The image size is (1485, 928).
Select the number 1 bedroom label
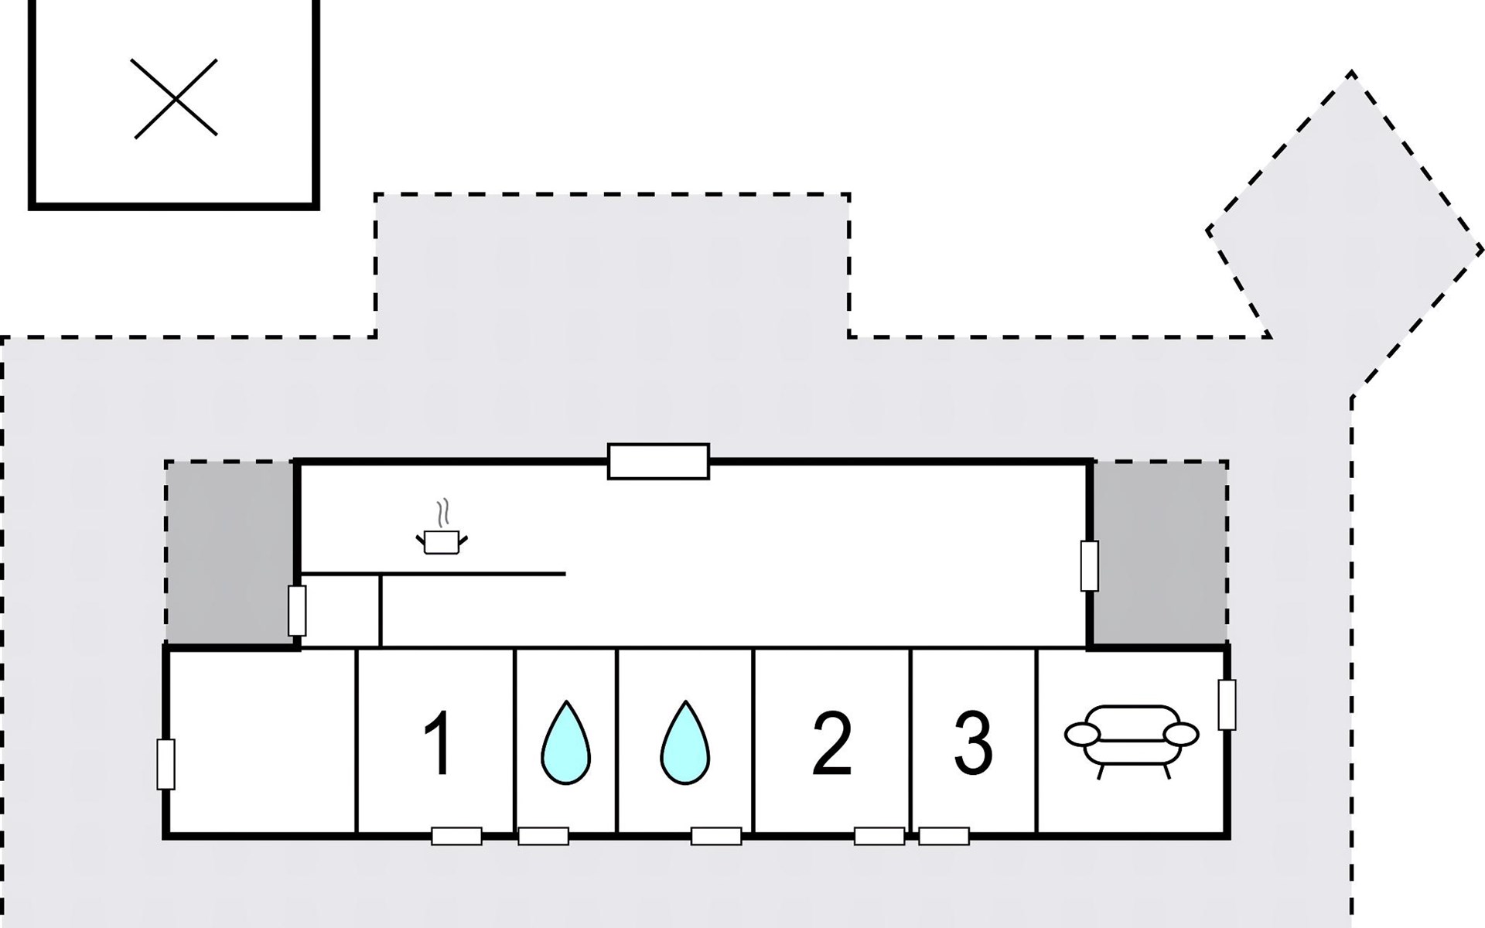coord(439,744)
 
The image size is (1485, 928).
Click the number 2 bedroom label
coord(832,744)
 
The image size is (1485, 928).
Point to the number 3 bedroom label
coord(973,744)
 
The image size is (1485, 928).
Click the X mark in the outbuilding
coord(175,99)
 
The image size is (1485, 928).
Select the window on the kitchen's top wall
coord(658,462)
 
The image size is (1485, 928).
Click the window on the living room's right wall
coord(1227,705)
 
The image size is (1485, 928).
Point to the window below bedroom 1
coord(456,836)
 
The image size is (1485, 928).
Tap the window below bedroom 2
coord(879,836)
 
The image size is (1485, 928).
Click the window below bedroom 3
coord(944,836)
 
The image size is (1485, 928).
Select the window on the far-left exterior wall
coord(166,764)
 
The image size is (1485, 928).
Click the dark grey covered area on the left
coord(230,553)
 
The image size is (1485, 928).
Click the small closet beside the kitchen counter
coord(340,610)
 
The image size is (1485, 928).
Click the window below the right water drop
coord(716,836)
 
